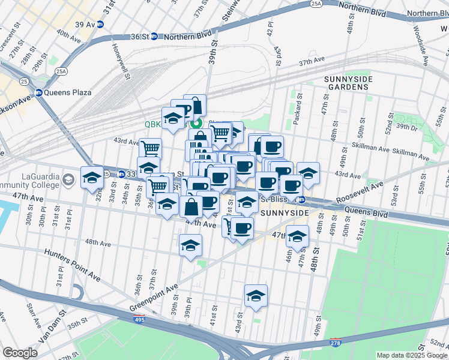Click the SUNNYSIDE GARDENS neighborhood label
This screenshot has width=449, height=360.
tap(348, 83)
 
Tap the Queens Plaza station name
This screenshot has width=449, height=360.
tap(67, 92)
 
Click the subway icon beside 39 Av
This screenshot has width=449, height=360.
tap(100, 24)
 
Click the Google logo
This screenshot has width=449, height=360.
tap(20, 353)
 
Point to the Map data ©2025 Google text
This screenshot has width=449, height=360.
tap(412, 355)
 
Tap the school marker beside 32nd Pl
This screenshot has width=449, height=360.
tap(92, 178)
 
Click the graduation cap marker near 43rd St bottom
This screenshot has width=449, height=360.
tap(256, 296)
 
